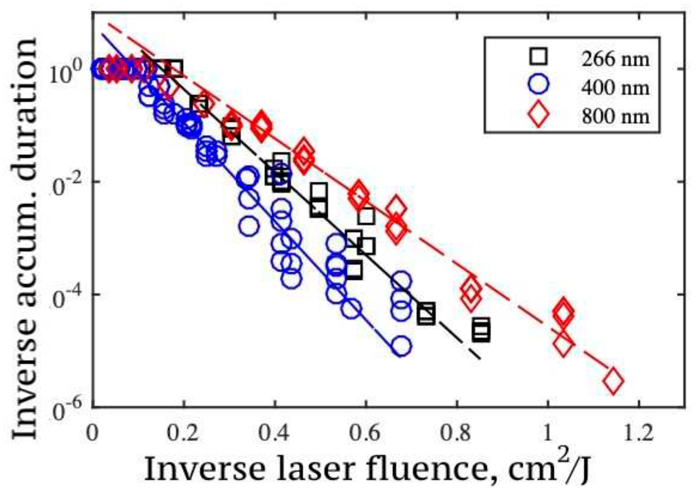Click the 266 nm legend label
(615, 59)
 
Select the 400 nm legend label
(615, 88)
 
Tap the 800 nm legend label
(615, 117)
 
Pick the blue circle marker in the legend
(538, 84)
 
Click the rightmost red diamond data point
(613, 381)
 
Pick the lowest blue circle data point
(401, 346)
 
